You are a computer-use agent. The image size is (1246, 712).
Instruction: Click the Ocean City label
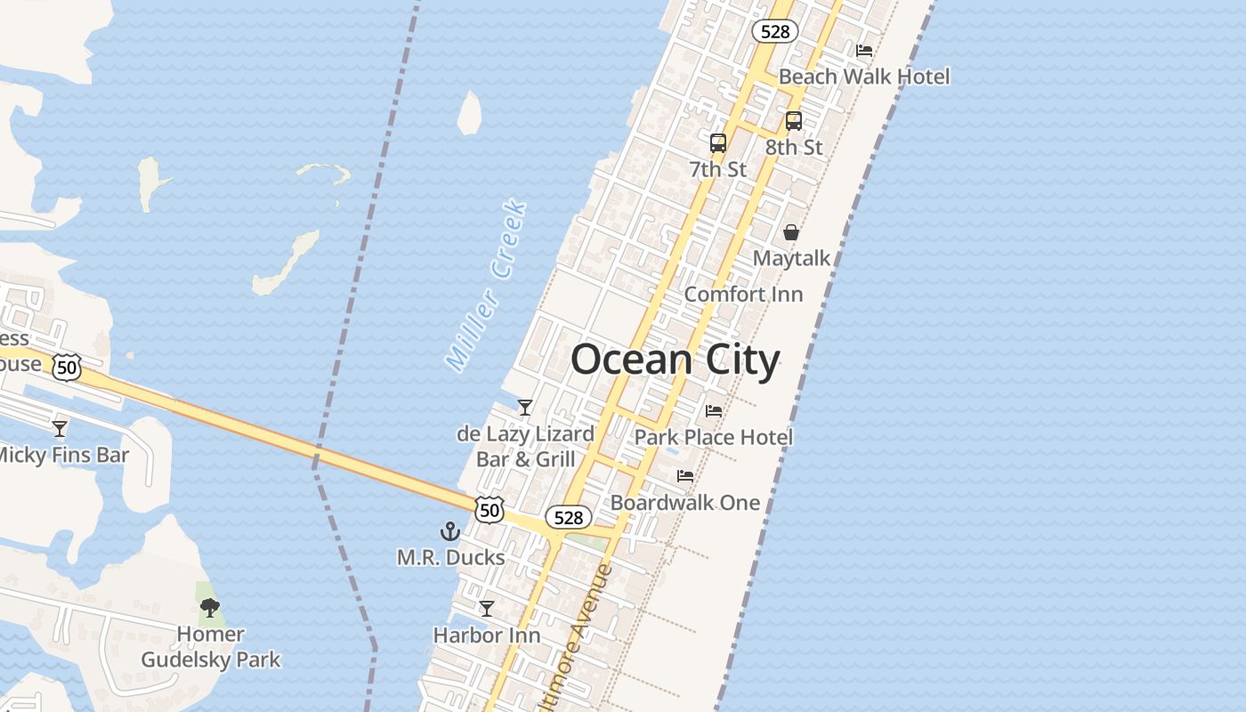click(x=675, y=360)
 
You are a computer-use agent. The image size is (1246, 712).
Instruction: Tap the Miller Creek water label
click(x=487, y=287)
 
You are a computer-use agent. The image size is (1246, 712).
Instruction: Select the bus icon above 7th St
click(x=718, y=142)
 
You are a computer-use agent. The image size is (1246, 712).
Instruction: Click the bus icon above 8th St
click(x=794, y=121)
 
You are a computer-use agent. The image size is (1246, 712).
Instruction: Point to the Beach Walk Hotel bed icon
click(x=864, y=51)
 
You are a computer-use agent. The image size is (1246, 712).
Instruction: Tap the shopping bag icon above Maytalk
click(x=791, y=232)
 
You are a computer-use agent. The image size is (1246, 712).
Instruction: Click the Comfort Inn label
click(x=743, y=294)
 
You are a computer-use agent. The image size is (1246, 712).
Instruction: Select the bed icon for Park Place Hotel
click(x=714, y=411)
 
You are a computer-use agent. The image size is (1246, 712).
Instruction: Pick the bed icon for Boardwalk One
click(x=685, y=476)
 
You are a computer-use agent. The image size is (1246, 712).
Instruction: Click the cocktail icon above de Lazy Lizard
click(x=525, y=408)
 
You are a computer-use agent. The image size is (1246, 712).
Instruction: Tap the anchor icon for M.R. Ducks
click(x=450, y=531)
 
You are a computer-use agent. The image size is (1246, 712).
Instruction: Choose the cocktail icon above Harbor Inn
click(x=487, y=609)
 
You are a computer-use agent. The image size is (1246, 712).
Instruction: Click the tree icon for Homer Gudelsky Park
click(x=210, y=608)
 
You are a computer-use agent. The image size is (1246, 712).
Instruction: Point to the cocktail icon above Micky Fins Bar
click(x=60, y=429)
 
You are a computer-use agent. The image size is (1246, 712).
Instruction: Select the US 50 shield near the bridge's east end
click(x=489, y=509)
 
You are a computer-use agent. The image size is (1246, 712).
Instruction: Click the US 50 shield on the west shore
click(x=67, y=366)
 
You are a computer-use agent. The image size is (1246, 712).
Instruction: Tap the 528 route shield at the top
click(x=774, y=31)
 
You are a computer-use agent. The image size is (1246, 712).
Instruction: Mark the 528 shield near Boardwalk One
click(x=568, y=517)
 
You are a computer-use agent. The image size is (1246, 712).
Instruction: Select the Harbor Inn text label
click(x=487, y=635)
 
